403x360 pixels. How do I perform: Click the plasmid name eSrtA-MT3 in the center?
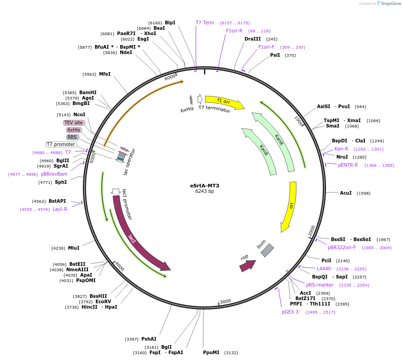point(204,186)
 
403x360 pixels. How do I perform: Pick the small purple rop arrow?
point(247,265)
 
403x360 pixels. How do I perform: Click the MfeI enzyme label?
point(104,74)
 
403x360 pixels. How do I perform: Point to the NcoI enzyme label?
point(79,115)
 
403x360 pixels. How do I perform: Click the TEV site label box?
point(74,123)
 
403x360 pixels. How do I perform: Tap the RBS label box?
point(72,137)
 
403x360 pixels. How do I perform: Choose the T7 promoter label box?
point(61,144)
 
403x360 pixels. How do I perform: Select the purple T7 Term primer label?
point(205,23)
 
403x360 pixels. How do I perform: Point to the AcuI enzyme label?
point(346,193)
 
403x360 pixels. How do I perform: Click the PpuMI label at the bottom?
point(211,352)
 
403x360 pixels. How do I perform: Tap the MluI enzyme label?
point(74,248)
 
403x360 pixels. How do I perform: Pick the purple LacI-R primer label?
point(60,209)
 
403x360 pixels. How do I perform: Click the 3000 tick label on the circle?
point(225,301)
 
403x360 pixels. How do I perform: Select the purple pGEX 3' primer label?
point(291,312)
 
